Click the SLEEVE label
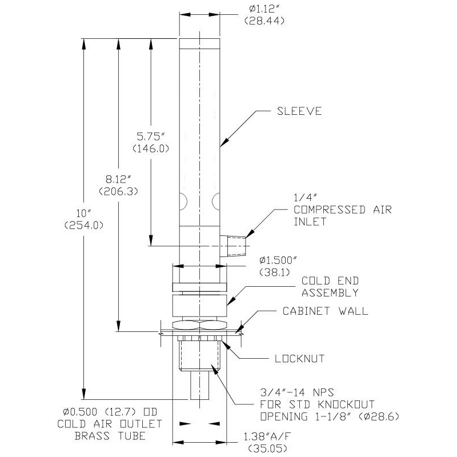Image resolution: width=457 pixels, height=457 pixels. pyautogui.click(x=300, y=111)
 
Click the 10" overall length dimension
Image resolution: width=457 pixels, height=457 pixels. pyautogui.click(x=85, y=214)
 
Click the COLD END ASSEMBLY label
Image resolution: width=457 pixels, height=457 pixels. pyautogui.click(x=330, y=287)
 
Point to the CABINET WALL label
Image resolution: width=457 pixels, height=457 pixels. pyautogui.click(x=326, y=311)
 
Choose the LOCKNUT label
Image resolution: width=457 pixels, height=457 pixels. pyautogui.click(x=299, y=359)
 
